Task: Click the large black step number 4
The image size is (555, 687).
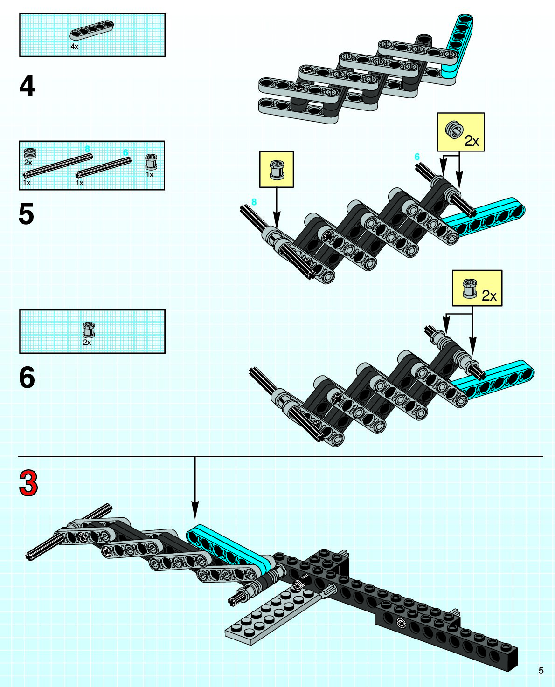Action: tap(27, 86)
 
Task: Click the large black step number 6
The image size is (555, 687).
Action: tap(27, 378)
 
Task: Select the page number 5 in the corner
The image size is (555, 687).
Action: tap(541, 670)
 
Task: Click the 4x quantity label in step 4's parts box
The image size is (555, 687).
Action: tap(75, 47)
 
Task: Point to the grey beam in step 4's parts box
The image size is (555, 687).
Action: tap(91, 29)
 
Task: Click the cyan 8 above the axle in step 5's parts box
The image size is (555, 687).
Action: tap(87, 149)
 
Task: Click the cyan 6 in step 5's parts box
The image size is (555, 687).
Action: tap(125, 152)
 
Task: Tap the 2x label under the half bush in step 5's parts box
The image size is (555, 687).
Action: tap(28, 163)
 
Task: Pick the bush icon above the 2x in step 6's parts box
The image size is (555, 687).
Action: tap(88, 329)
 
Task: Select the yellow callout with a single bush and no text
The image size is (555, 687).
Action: tap(277, 170)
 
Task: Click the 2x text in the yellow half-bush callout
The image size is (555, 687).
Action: tap(472, 141)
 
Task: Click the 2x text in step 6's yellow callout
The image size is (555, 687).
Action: tap(489, 295)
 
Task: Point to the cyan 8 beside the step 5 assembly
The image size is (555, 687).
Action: tap(254, 202)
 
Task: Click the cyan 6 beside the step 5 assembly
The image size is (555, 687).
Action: tap(417, 157)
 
